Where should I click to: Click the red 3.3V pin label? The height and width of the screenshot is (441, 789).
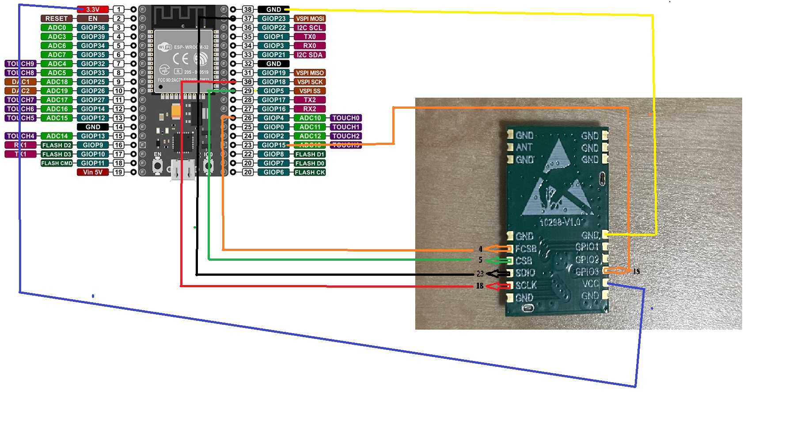coord(93,9)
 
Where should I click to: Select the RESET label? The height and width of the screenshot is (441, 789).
coord(57,19)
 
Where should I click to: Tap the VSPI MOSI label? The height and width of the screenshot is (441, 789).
coord(310,19)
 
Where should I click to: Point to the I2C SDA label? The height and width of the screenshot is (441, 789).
coord(310,55)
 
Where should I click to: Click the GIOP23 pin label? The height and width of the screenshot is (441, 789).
coord(274,19)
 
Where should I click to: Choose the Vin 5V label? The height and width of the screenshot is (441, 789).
coord(93,172)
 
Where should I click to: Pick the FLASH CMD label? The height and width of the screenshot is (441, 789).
coord(57,163)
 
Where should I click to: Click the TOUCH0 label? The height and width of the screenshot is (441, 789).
coord(346,118)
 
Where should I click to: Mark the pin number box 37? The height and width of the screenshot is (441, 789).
coord(248,19)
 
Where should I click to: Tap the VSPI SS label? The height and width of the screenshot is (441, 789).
coord(310,91)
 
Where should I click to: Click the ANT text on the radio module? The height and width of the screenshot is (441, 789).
coord(524,147)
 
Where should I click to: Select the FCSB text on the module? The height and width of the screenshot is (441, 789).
coord(526,249)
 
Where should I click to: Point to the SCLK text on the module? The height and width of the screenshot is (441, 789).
coord(526,285)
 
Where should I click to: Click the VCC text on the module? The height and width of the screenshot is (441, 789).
coord(591,283)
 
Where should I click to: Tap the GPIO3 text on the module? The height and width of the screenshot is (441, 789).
coord(587,271)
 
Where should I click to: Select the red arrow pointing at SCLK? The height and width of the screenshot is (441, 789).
coord(498,286)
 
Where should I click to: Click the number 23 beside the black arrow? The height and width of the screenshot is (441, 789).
coord(480,274)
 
